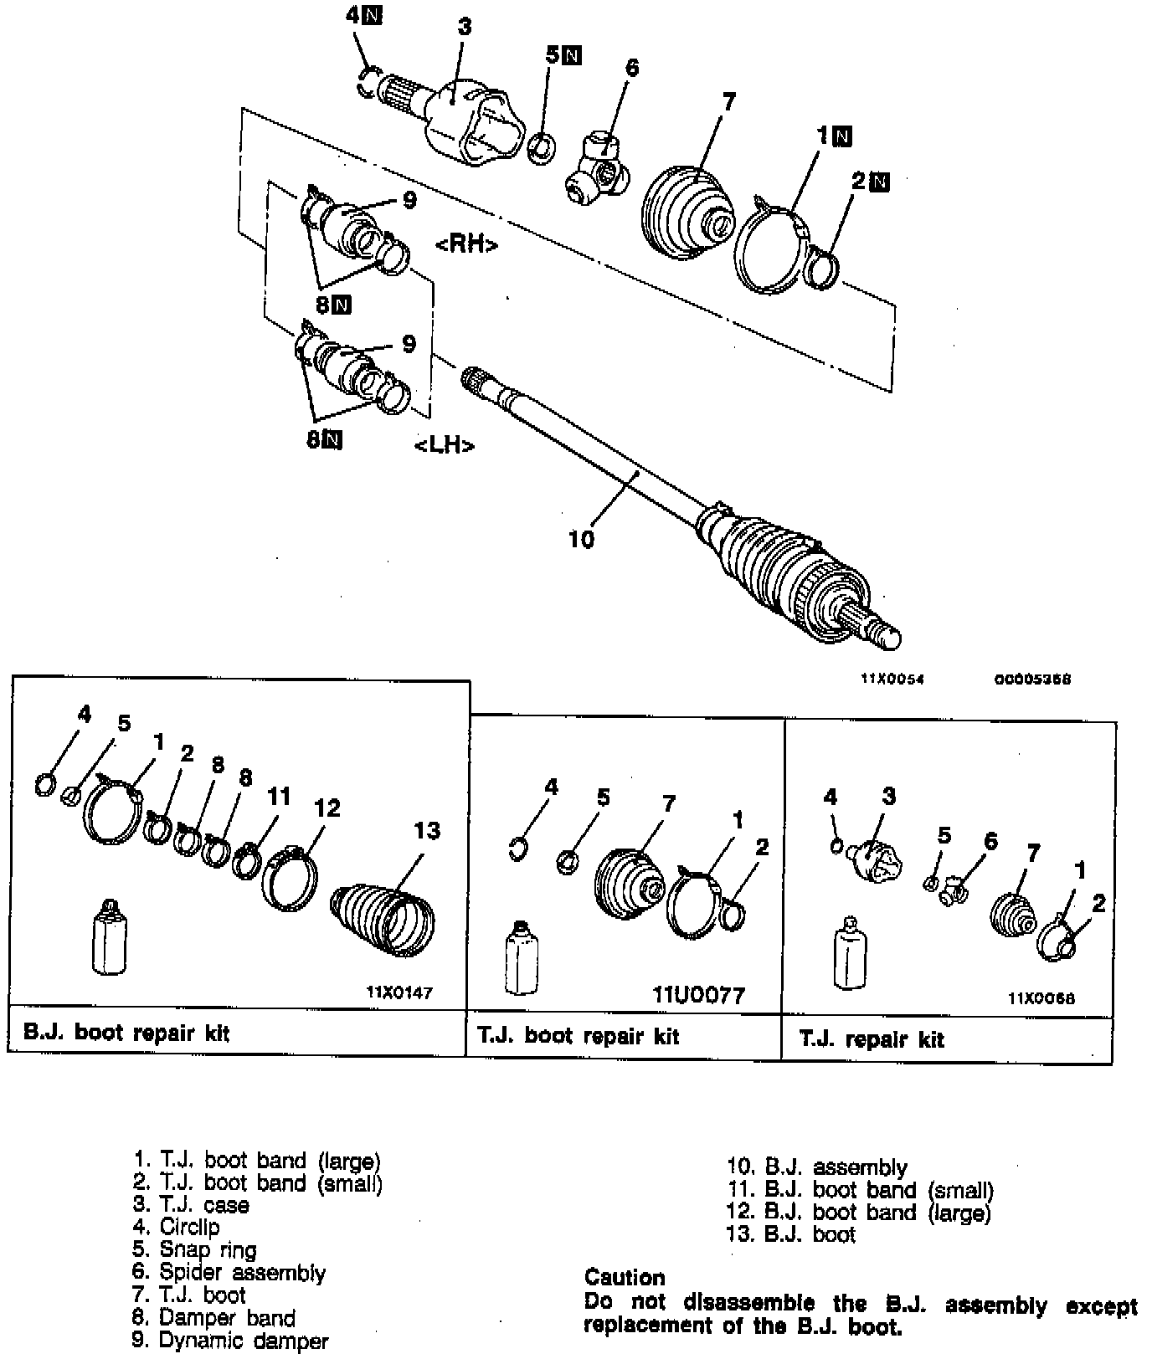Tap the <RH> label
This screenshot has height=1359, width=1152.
coord(466,244)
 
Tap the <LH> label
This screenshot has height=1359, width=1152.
coord(445,445)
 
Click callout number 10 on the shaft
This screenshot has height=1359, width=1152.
coord(580,539)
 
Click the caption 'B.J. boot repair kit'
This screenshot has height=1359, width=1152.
coord(126,1033)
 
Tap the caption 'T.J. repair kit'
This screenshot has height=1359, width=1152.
coord(872,1039)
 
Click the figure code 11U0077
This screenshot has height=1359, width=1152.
coord(698,995)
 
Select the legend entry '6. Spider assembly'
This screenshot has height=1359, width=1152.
coord(229,1273)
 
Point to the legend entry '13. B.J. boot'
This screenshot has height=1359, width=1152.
coord(792,1234)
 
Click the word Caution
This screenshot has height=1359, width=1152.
coord(625,1278)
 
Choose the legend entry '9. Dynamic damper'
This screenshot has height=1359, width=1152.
coord(231,1341)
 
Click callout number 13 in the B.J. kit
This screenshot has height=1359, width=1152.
coord(426,830)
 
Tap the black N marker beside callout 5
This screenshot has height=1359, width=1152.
coord(573,56)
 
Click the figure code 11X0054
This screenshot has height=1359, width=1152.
coord(892,679)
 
